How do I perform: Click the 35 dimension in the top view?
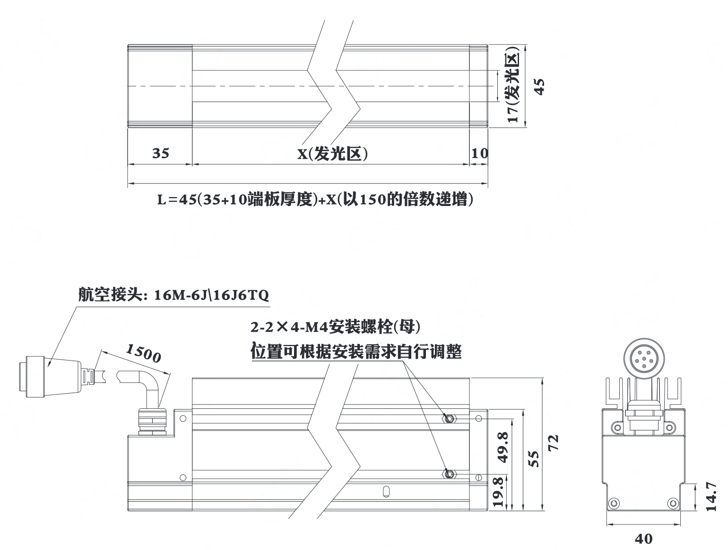(161, 153)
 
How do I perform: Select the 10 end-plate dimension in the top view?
(480, 153)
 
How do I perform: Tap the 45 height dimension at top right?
(540, 86)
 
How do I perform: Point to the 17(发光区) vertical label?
(513, 88)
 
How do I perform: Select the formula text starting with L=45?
(315, 199)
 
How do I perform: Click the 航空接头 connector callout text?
(173, 295)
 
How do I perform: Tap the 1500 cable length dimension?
(143, 353)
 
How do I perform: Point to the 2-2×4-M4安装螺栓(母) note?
(335, 327)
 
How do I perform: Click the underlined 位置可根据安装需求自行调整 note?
(356, 352)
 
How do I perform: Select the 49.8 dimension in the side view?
(503, 447)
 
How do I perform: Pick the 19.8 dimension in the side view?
(498, 492)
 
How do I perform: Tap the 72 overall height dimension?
(553, 443)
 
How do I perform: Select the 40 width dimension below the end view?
(643, 539)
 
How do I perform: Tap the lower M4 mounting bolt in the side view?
(449, 474)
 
